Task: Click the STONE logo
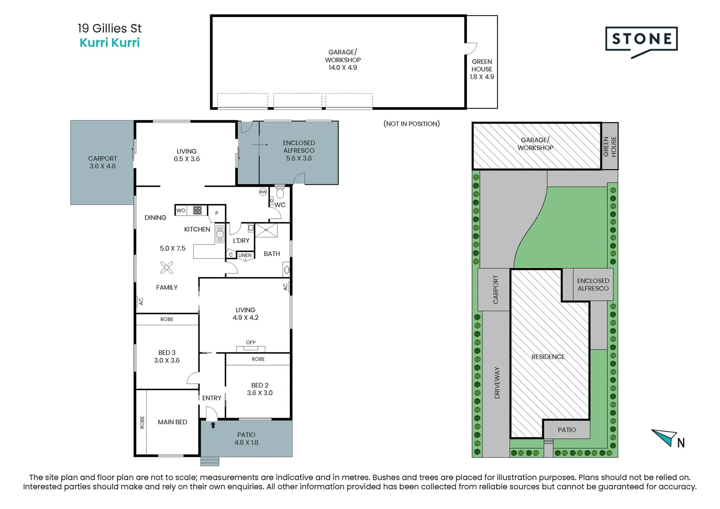(x=642, y=41)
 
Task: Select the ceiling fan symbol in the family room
(x=166, y=268)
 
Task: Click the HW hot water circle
(x=263, y=192)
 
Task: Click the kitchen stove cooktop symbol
(x=197, y=210)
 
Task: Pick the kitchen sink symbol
(x=220, y=234)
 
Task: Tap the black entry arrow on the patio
(x=213, y=425)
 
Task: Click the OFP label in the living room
(x=251, y=342)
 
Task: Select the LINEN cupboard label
(x=245, y=255)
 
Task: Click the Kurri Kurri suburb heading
(x=110, y=42)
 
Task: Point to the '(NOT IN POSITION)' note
(x=411, y=124)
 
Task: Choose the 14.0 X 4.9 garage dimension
(x=343, y=67)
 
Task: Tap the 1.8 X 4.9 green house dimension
(x=482, y=77)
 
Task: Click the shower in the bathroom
(x=266, y=230)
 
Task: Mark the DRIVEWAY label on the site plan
(x=497, y=383)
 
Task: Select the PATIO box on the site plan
(x=567, y=429)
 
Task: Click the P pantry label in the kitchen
(x=217, y=213)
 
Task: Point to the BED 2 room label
(x=260, y=385)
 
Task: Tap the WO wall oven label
(x=181, y=210)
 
